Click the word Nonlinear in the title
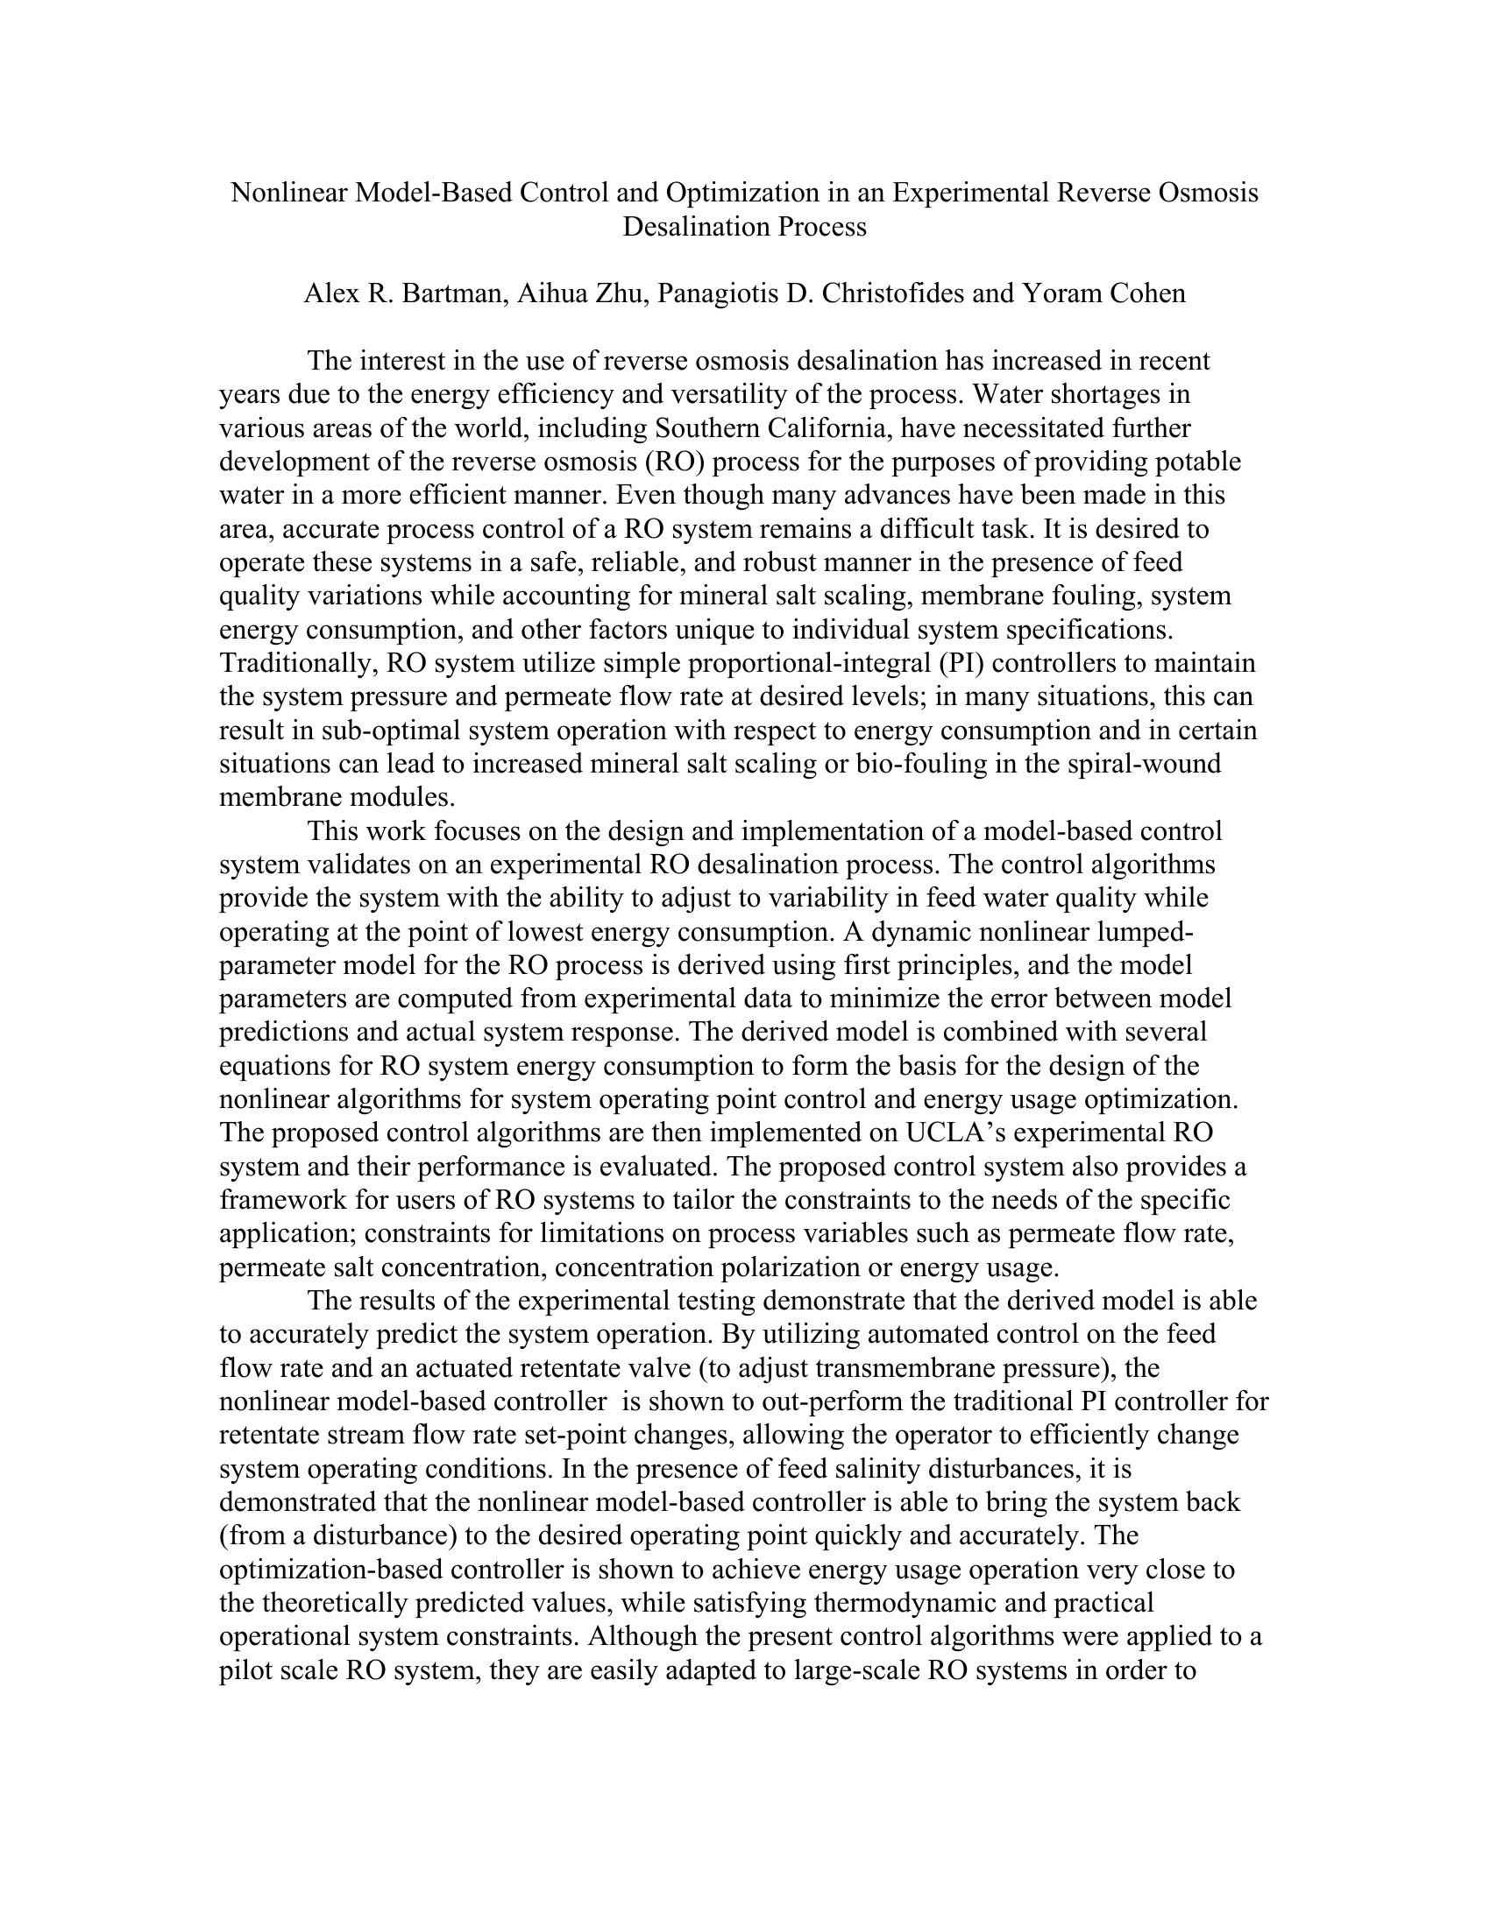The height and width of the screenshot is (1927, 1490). point(288,193)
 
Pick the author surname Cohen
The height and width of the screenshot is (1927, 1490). point(1146,293)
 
